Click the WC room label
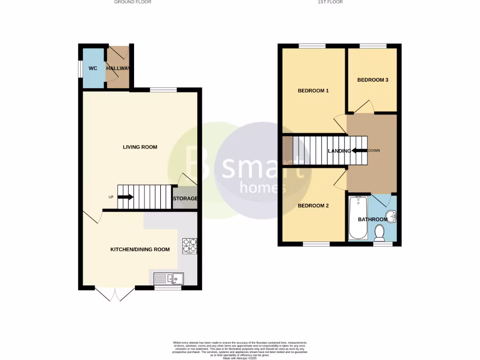[x=93, y=68]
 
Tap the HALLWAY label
[x=118, y=68]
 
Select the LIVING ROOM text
[x=140, y=147]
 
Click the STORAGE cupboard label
[x=185, y=199]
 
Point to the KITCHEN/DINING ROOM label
[x=140, y=249]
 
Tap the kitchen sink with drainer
[x=169, y=278]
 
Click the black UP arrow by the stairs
[x=125, y=197]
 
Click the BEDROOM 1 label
[x=313, y=91]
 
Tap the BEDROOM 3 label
[x=373, y=80]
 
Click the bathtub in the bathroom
[x=359, y=218]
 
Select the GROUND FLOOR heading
[x=133, y=2]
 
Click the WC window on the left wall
[x=80, y=68]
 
